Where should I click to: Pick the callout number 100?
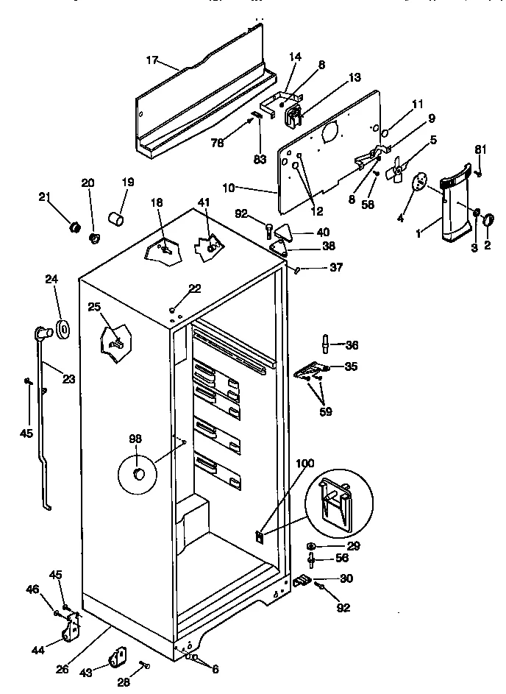[x=305, y=464]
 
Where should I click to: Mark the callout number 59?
[x=324, y=411]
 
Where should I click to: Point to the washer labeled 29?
[x=312, y=545]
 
